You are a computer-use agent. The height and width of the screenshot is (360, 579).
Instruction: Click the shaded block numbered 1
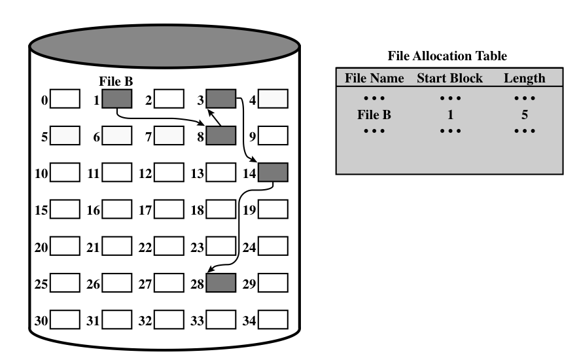click(x=117, y=99)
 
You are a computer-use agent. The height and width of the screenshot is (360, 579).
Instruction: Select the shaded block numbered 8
click(x=220, y=136)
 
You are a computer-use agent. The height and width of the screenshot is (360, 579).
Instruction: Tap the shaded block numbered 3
click(x=220, y=99)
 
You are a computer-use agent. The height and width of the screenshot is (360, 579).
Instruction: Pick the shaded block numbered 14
click(x=272, y=173)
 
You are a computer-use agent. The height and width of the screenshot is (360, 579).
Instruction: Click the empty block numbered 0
click(x=65, y=99)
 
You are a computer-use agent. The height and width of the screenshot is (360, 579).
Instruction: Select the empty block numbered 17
click(x=169, y=209)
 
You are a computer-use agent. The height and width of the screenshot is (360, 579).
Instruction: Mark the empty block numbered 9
click(x=272, y=136)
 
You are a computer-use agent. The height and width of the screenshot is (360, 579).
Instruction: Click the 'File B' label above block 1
click(x=115, y=82)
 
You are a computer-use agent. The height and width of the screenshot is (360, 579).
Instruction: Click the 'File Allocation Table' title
click(x=448, y=56)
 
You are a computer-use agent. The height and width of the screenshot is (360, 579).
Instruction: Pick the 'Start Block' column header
click(x=449, y=78)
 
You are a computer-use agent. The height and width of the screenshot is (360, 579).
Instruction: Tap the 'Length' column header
click(x=524, y=78)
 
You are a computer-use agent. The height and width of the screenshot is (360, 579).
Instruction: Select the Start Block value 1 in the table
click(x=449, y=115)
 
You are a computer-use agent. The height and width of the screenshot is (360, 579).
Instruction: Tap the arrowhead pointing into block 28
click(x=210, y=269)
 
